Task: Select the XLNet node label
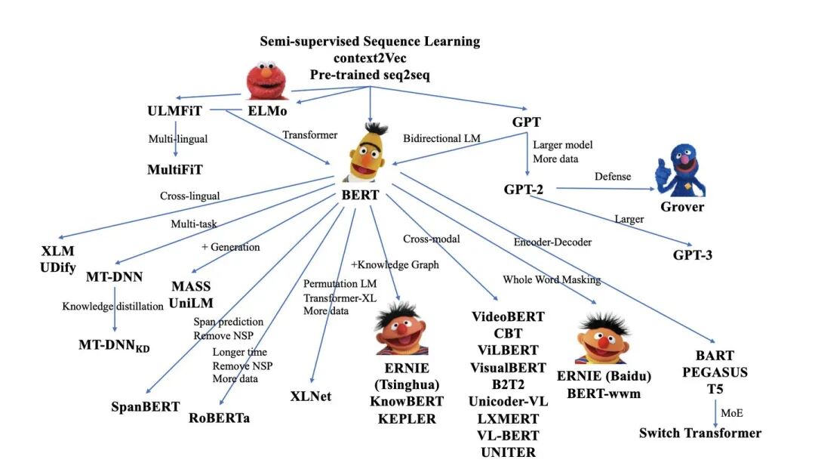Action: click(311, 396)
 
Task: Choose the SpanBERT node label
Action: click(144, 406)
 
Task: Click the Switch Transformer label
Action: click(700, 433)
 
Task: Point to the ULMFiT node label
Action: click(175, 112)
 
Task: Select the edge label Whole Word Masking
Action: click(551, 279)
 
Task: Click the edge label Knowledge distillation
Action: click(112, 306)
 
